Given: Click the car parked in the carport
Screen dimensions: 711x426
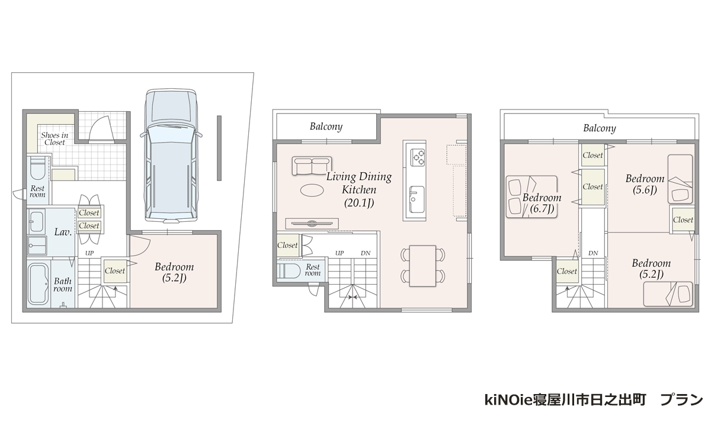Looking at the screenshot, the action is pyautogui.click(x=171, y=155).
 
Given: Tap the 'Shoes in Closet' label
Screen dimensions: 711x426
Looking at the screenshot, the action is pyautogui.click(x=55, y=139).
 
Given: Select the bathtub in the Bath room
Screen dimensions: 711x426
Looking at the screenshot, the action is pyautogui.click(x=38, y=285).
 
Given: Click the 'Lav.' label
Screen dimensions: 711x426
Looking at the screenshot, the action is pyautogui.click(x=63, y=232).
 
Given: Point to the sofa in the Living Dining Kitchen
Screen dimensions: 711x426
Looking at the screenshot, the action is pyautogui.click(x=312, y=165).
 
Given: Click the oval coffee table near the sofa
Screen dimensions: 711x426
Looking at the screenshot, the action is pyautogui.click(x=312, y=190).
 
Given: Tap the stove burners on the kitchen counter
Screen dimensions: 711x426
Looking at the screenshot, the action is pyautogui.click(x=418, y=157).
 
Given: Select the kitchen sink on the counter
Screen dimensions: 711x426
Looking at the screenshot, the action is pyautogui.click(x=417, y=199).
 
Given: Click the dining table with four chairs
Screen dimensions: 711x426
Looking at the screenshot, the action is pyautogui.click(x=422, y=266).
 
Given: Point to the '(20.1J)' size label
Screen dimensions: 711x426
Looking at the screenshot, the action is pyautogui.click(x=359, y=203).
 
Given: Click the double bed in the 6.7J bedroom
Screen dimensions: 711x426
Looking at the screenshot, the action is pyautogui.click(x=531, y=197).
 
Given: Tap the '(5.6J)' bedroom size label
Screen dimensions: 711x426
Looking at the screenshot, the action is pyautogui.click(x=645, y=190).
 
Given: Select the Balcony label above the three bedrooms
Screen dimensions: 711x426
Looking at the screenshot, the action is pyautogui.click(x=600, y=128).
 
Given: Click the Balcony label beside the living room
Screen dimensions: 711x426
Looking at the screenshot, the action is pyautogui.click(x=326, y=127).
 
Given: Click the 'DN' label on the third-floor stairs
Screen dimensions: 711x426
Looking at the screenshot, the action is pyautogui.click(x=593, y=253).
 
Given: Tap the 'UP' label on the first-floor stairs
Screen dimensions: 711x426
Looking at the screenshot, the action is pyautogui.click(x=89, y=253).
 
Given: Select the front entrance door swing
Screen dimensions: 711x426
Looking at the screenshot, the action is pyautogui.click(x=101, y=128).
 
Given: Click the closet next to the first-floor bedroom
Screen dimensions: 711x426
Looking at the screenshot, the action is pyautogui.click(x=114, y=270).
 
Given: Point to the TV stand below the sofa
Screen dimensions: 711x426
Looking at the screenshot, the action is pyautogui.click(x=312, y=224).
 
